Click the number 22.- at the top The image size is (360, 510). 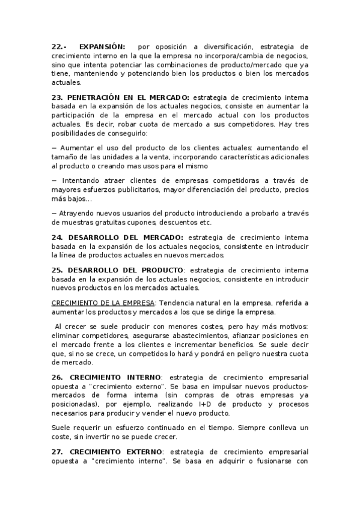click(59, 46)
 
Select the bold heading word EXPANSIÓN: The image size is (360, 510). click(102, 46)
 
